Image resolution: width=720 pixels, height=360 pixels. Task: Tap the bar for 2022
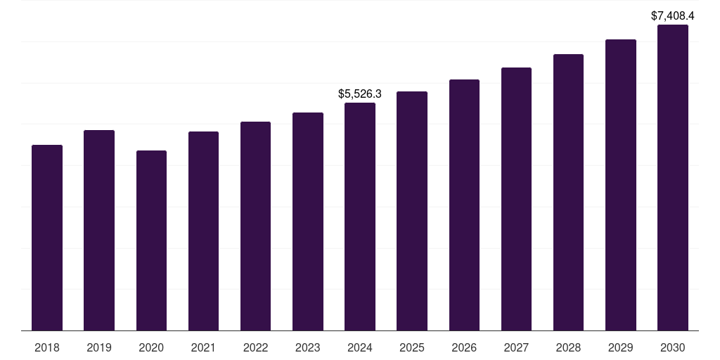tap(255, 226)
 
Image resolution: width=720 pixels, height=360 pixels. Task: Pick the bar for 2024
tap(360, 217)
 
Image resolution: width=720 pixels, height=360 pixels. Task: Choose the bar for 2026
tap(464, 205)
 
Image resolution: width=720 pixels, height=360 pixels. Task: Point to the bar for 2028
tap(568, 192)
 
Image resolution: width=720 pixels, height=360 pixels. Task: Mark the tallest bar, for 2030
tap(672, 177)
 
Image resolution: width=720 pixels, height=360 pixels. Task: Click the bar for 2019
tap(99, 230)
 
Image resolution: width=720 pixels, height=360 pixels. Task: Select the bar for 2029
tap(620, 185)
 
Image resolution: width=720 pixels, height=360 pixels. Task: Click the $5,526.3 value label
tap(360, 94)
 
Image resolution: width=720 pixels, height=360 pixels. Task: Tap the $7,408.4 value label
tap(672, 15)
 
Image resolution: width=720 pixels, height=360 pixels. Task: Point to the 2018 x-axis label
tap(47, 347)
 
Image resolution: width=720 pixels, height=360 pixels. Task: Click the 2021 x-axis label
tap(203, 347)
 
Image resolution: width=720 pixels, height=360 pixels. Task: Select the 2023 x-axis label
tap(307, 347)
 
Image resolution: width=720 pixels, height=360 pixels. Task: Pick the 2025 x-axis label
tap(412, 347)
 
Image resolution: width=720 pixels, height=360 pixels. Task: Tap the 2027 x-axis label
tap(516, 347)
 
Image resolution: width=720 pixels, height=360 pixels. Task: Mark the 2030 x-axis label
tap(672, 347)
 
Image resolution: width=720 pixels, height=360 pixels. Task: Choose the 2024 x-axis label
tap(360, 347)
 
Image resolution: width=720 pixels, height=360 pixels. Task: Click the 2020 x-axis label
tap(151, 347)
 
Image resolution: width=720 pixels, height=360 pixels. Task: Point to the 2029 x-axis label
tap(620, 347)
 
